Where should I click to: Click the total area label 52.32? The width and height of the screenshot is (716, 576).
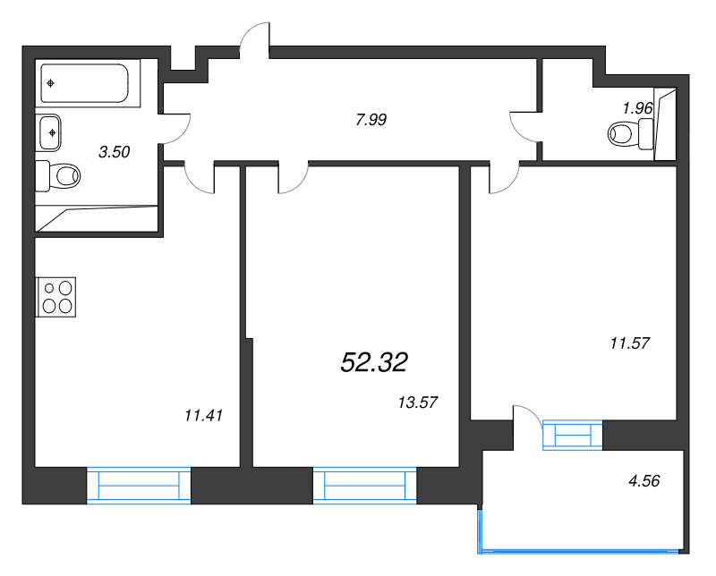click(374, 363)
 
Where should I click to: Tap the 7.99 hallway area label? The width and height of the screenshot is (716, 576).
click(371, 120)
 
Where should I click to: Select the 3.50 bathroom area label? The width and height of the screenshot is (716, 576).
click(115, 151)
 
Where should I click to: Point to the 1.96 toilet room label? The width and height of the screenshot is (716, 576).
click(637, 108)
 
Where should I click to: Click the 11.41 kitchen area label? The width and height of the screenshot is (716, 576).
click(203, 415)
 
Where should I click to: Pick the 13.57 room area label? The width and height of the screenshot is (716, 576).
click(418, 402)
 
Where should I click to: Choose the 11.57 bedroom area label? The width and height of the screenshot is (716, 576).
click(630, 343)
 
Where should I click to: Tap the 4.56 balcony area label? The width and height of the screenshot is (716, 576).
click(644, 480)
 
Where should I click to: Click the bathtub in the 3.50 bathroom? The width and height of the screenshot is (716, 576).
click(85, 83)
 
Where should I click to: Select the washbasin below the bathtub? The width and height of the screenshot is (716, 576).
click(50, 132)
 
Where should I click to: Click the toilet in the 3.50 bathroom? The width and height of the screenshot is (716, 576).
click(58, 175)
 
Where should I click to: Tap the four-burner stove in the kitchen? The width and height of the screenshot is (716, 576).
click(55, 297)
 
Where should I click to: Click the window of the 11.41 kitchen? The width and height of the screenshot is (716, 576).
click(139, 486)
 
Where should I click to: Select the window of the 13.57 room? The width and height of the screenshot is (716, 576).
click(365, 486)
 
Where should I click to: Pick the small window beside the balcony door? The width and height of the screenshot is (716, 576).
click(573, 435)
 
